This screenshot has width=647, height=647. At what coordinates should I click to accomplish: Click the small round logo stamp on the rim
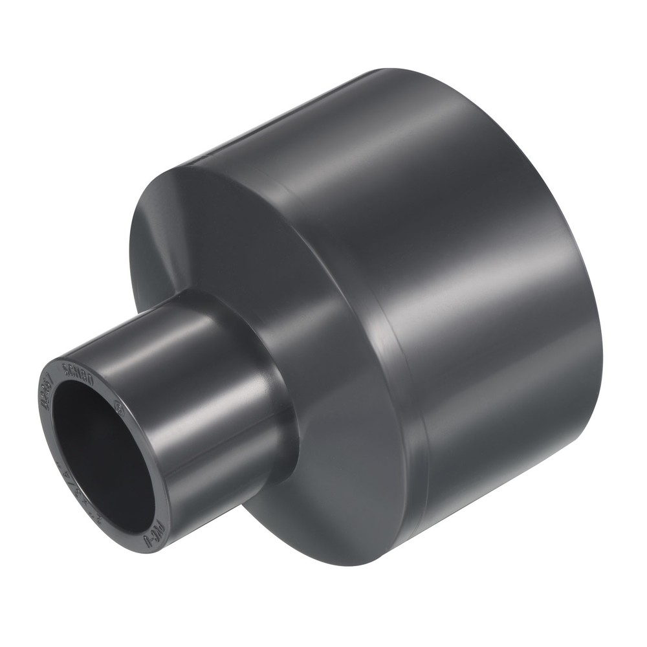pos(118,408)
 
